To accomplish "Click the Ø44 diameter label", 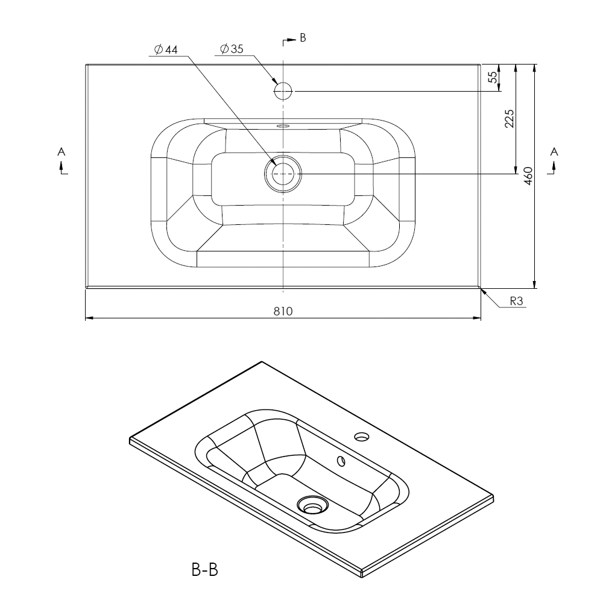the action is [x=166, y=49].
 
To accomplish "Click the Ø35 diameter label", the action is [x=232, y=49].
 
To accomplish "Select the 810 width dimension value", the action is [x=283, y=311].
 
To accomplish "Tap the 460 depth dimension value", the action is [x=528, y=175].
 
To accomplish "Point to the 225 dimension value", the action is [x=509, y=119].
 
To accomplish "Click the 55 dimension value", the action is [x=493, y=77].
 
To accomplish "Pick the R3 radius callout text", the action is [x=517, y=301].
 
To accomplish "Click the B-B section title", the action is [x=204, y=570].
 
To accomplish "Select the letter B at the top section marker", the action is [x=303, y=37].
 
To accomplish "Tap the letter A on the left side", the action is [x=61, y=152].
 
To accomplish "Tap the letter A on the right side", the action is [x=554, y=152].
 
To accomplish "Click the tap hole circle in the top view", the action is [x=283, y=91].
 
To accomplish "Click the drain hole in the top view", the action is [x=283, y=174].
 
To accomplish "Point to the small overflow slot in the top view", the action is [x=283, y=125].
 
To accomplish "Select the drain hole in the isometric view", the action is [x=312, y=505].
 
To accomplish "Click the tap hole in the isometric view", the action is [x=362, y=437].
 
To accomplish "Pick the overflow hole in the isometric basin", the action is [x=341, y=461].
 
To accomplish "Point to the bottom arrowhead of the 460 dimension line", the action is [x=534, y=284].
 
